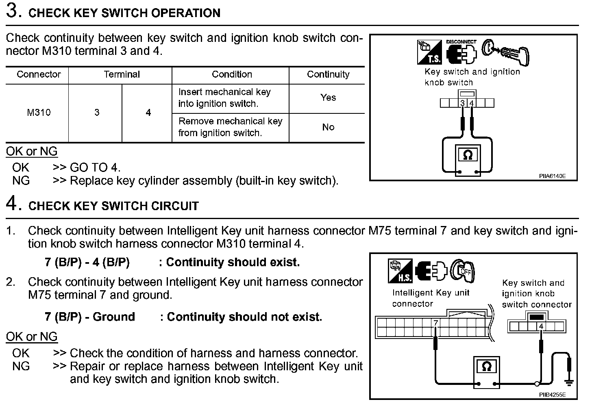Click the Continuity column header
coord(328,74)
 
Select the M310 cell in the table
coord(39,112)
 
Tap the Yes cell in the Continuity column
coord(328,98)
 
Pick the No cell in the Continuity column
coord(328,127)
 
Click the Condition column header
coord(232,74)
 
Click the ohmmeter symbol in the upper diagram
coord(468,155)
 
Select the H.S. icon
coord(400,271)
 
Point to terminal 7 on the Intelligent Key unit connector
coord(435,323)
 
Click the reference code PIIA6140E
coord(552,176)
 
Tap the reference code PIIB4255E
coord(552,394)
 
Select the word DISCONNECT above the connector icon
coord(461,41)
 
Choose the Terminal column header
coord(122,74)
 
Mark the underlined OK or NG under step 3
coord(32,152)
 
